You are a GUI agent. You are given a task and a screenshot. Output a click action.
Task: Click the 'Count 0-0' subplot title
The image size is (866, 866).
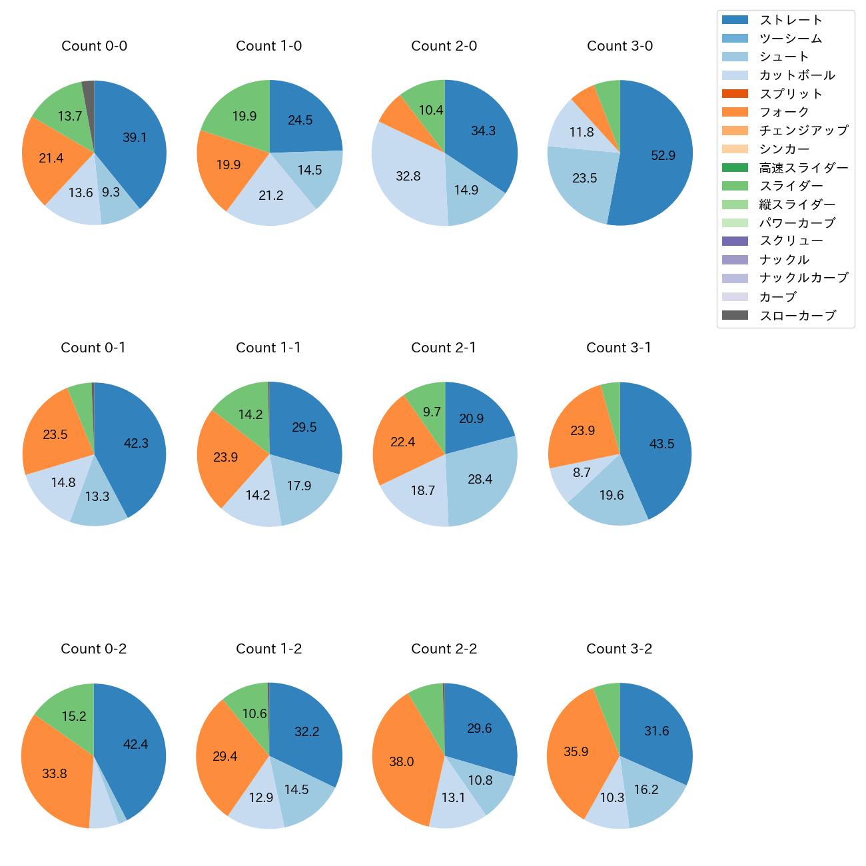[x=94, y=46]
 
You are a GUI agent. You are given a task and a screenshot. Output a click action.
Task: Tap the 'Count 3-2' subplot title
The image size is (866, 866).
[x=619, y=649]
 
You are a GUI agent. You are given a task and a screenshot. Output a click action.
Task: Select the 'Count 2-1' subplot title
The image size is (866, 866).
[x=444, y=348]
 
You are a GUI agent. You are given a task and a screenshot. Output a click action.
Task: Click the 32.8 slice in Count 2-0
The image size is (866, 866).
[x=408, y=176]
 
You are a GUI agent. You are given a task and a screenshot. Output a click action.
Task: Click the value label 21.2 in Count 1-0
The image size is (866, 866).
[x=271, y=195]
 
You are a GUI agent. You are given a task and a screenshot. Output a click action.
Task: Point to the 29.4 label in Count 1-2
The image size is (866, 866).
[x=225, y=756]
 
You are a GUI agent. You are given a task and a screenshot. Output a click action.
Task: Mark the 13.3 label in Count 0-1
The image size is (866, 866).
[x=97, y=496]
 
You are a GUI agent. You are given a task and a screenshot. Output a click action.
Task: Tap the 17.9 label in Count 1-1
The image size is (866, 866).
[x=299, y=486]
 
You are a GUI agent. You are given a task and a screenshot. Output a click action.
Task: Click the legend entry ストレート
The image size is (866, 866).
[x=791, y=20]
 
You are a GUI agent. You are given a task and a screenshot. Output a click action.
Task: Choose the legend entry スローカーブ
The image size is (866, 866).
[x=797, y=316]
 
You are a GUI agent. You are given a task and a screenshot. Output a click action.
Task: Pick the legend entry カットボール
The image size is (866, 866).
[x=797, y=75]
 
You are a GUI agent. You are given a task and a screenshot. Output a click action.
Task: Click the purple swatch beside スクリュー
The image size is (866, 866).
[x=735, y=241]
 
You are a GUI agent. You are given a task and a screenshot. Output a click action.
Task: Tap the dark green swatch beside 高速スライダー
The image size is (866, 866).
[x=735, y=167]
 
